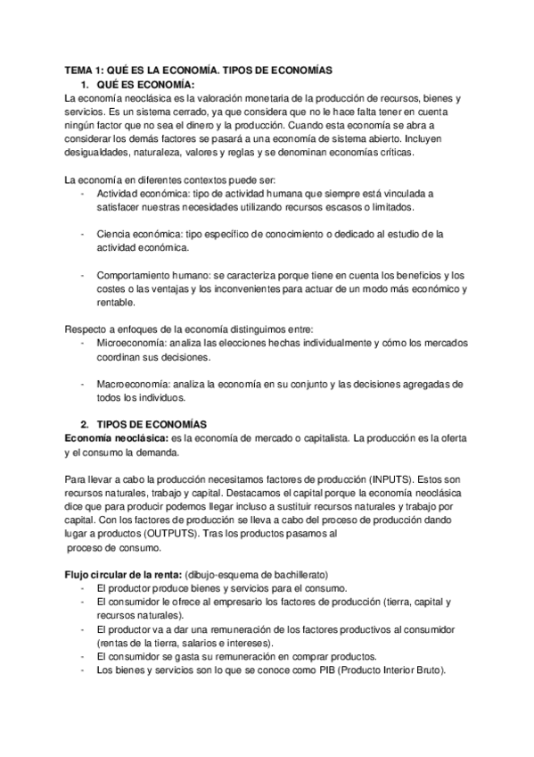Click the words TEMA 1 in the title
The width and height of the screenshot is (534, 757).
[86, 70]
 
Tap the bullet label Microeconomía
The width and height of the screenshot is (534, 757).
[128, 343]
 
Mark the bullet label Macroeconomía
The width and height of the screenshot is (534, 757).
[130, 384]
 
